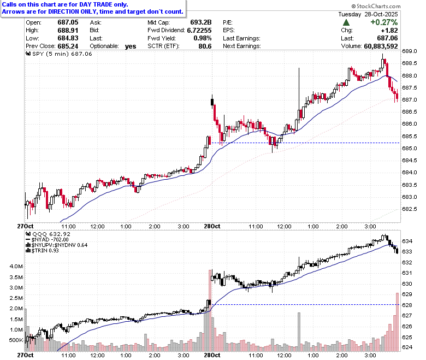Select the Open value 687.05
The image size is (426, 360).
point(68,22)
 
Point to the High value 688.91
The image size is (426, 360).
point(68,31)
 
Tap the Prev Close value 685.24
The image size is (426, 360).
point(68,46)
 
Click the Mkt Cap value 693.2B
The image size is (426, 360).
point(201,22)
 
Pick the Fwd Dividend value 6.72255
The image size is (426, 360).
point(199,31)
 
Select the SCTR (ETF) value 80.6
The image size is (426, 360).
point(205,46)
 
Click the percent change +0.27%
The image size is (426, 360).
point(384,22)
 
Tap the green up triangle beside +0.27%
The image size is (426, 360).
point(346,22)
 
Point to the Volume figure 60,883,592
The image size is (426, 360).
point(381,46)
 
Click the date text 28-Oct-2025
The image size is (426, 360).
point(381,14)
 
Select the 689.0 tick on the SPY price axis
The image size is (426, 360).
point(410,51)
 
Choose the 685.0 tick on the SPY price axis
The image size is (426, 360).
point(410,149)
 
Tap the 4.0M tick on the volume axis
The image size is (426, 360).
point(16,266)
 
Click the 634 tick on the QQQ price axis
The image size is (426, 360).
point(407,241)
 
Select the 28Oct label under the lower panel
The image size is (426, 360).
point(212,356)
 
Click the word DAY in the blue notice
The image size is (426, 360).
point(85,4)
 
